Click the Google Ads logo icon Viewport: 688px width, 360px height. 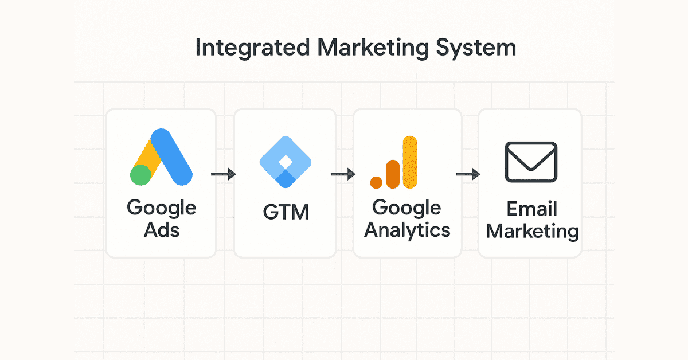click(x=161, y=157)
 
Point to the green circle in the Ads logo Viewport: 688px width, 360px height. click(x=140, y=174)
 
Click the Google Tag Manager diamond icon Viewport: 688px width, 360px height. click(x=285, y=162)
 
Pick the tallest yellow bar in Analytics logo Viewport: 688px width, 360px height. click(x=409, y=162)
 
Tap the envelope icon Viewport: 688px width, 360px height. click(x=531, y=162)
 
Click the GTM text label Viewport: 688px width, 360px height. click(x=286, y=213)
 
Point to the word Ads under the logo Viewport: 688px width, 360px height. click(x=161, y=230)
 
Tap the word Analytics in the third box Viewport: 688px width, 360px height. click(x=408, y=230)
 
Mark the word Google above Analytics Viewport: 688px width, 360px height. click(x=406, y=208)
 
